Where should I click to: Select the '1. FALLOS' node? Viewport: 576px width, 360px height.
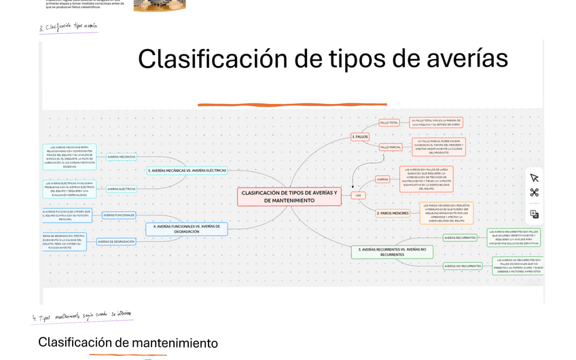360,137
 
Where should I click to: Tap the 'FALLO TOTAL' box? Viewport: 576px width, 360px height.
389,122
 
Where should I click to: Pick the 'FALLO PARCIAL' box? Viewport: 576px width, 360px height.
391,147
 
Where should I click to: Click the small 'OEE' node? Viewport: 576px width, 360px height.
359,195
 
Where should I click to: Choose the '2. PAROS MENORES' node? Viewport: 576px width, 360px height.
393,213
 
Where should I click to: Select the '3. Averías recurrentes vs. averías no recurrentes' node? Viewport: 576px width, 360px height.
392,252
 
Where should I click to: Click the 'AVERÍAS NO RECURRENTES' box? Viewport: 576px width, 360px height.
463,266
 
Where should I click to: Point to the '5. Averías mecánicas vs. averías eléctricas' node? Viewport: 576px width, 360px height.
187,170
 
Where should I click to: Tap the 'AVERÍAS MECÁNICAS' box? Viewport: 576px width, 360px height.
122,156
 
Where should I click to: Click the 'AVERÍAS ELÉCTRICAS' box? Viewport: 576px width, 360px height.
122,189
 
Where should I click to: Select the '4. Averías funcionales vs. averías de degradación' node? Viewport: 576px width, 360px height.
186,228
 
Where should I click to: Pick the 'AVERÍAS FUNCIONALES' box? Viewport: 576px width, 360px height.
119,215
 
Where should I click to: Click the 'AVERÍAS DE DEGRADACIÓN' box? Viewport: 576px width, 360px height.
115,241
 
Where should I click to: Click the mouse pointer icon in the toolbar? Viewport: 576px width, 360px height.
535,177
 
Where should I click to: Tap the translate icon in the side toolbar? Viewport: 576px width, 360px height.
535,214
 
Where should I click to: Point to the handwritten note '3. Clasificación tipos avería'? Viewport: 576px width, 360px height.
68,28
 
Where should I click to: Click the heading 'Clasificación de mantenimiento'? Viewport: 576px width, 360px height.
128,343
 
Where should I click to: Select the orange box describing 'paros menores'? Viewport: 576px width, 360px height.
446,213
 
